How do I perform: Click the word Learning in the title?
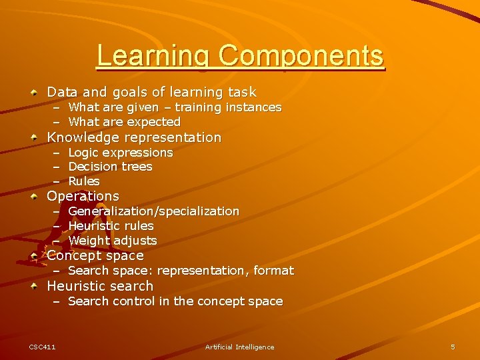point(154,57)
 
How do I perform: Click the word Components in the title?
point(301,57)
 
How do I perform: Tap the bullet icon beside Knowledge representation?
point(33,137)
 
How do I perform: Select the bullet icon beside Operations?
point(33,196)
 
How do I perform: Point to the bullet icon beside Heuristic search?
point(33,286)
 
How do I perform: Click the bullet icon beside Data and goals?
point(33,92)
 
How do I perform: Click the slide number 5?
point(453,347)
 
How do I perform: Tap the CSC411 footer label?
point(42,347)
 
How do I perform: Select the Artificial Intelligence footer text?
point(239,347)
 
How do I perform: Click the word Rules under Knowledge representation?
point(84,181)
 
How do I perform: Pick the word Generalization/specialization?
point(153,211)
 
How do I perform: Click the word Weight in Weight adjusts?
point(87,241)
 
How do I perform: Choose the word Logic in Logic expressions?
point(83,153)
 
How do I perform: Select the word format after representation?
point(274,271)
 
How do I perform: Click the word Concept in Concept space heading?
point(71,255)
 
